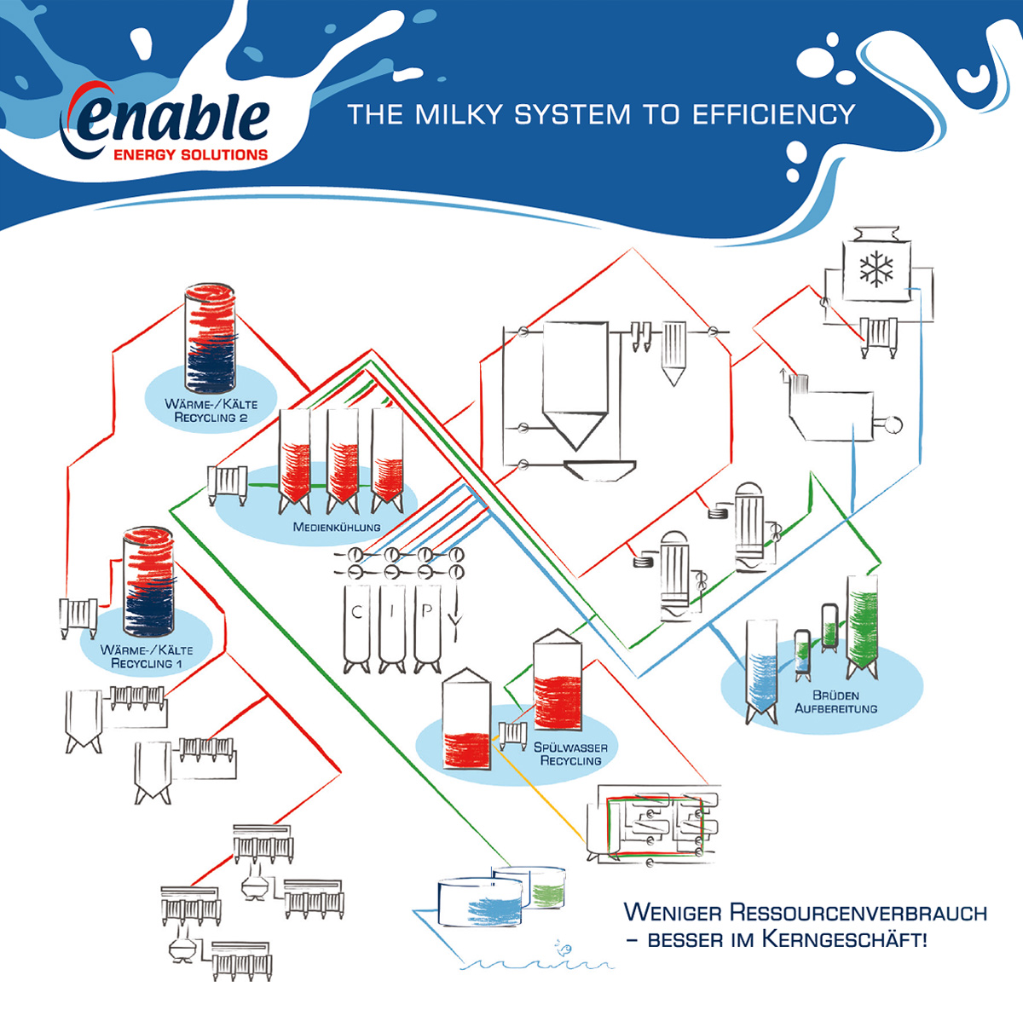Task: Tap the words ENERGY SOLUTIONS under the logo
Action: [190, 155]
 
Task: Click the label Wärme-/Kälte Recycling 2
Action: [211, 411]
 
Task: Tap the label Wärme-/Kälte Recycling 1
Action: [147, 656]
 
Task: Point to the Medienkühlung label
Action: [337, 527]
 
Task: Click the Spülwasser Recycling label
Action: [570, 753]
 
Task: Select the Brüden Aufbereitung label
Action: [835, 701]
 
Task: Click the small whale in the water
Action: [564, 948]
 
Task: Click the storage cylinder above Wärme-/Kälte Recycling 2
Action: [211, 332]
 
